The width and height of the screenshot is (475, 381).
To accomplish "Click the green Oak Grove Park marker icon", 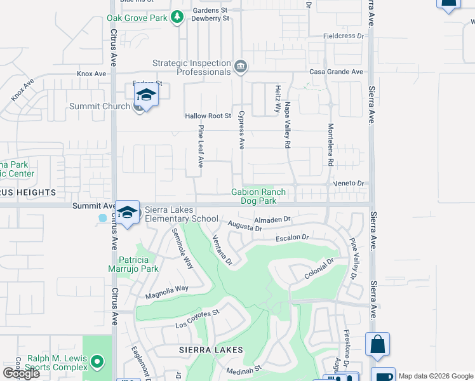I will [178, 18].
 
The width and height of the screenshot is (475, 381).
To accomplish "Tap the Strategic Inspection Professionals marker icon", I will [241, 66].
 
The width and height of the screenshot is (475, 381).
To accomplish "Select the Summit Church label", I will [99, 106].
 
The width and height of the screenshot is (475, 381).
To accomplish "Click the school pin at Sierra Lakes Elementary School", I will [128, 211].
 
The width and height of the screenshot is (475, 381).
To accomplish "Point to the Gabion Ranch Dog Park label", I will [258, 196].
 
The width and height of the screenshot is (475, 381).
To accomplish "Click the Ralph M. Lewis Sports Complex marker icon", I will [97, 363].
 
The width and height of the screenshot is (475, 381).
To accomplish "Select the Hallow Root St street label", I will [208, 116].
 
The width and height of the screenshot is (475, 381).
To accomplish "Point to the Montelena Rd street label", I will [330, 144].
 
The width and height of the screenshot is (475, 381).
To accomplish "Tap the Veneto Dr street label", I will [349, 183].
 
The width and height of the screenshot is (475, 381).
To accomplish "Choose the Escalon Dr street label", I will [291, 237].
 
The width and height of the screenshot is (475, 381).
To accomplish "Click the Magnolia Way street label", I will [167, 288].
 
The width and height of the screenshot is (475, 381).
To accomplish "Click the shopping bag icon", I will [377, 344].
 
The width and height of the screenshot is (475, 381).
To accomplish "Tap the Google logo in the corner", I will [21, 373].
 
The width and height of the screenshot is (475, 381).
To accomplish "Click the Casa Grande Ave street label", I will [336, 72].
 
